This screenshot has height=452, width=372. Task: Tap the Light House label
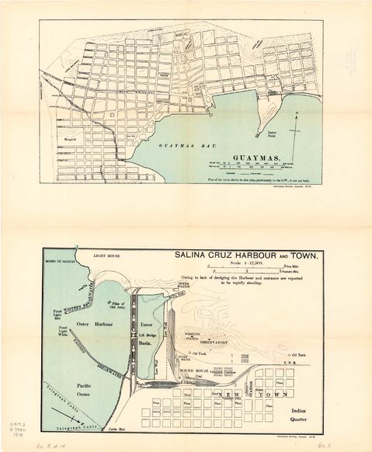104,255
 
